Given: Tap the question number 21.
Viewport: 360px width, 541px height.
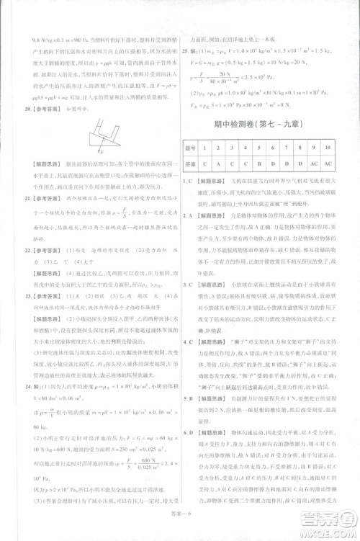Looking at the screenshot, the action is tap(28, 196).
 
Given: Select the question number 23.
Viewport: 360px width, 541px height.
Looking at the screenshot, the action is tap(28, 296).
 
